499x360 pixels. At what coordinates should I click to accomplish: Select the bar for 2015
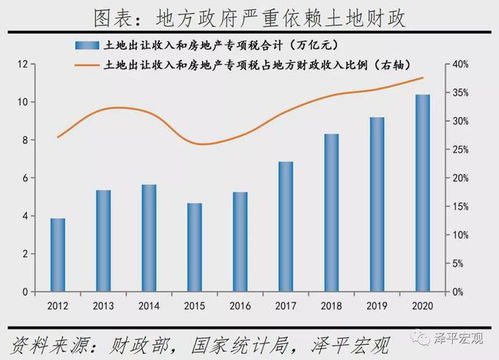click(x=195, y=247)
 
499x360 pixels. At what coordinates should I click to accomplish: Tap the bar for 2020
click(x=423, y=192)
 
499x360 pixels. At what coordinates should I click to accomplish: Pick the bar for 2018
click(x=331, y=212)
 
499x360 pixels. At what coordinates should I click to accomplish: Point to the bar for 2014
click(x=149, y=237)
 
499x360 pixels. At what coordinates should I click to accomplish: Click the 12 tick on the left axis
click(x=21, y=64)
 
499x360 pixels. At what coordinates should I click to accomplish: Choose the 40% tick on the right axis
click(x=461, y=64)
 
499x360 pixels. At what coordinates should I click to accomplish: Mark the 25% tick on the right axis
click(x=461, y=149)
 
